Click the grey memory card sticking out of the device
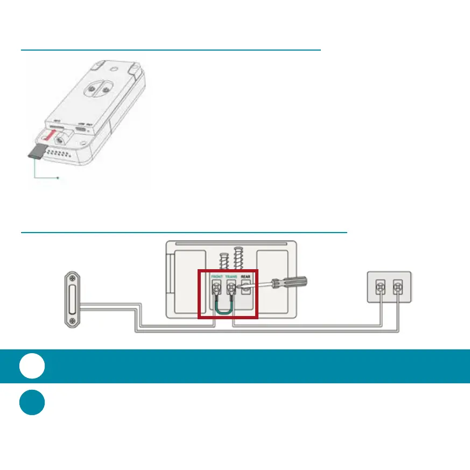point(34,152)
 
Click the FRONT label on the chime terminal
point(217,276)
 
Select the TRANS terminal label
point(232,276)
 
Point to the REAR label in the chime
point(245,276)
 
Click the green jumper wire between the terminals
point(224,308)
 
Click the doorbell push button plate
point(71,300)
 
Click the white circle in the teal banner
point(32,367)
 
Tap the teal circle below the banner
point(32,402)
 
